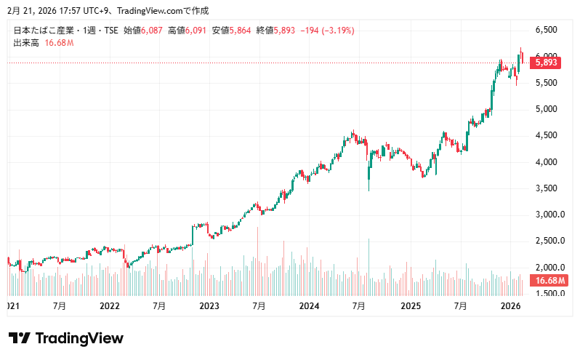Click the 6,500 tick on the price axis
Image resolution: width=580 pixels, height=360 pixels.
click(x=546, y=30)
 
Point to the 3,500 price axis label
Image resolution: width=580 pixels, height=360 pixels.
click(x=546, y=188)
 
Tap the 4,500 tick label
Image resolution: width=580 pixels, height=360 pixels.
click(x=546, y=135)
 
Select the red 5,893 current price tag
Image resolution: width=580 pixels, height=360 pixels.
click(x=546, y=63)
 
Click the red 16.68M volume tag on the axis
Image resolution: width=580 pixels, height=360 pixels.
click(x=549, y=281)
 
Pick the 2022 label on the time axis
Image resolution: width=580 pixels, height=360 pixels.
click(x=110, y=307)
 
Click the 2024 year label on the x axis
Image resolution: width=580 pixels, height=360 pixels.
click(x=310, y=307)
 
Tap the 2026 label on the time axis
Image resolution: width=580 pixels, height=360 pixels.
click(x=511, y=307)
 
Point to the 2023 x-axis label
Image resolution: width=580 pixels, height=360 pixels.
click(x=209, y=307)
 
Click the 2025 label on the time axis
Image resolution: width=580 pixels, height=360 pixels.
click(x=411, y=307)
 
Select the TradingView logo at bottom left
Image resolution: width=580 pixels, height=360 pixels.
click(x=65, y=338)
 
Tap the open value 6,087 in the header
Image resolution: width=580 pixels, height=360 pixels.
click(x=154, y=31)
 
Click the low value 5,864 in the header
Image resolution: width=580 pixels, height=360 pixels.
click(x=242, y=31)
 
